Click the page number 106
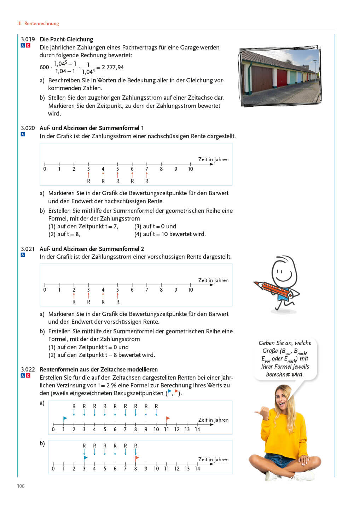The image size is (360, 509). (21, 486)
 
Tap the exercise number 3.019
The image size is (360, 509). (28, 39)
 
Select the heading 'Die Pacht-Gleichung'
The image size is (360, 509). (66, 39)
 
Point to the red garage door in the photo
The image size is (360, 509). (281, 78)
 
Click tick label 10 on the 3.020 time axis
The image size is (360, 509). (190, 169)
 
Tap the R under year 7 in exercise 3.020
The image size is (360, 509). (147, 181)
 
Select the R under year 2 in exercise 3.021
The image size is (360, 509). (74, 302)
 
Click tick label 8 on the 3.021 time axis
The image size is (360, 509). (161, 290)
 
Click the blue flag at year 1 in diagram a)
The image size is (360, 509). (65, 418)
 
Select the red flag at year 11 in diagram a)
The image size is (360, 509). (168, 418)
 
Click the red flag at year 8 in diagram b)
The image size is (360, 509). (137, 458)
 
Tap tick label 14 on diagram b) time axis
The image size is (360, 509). (197, 469)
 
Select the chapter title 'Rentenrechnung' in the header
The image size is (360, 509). (41, 23)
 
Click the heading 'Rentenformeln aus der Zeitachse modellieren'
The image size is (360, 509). (99, 369)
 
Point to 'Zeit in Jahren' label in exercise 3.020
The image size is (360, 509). (213, 159)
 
